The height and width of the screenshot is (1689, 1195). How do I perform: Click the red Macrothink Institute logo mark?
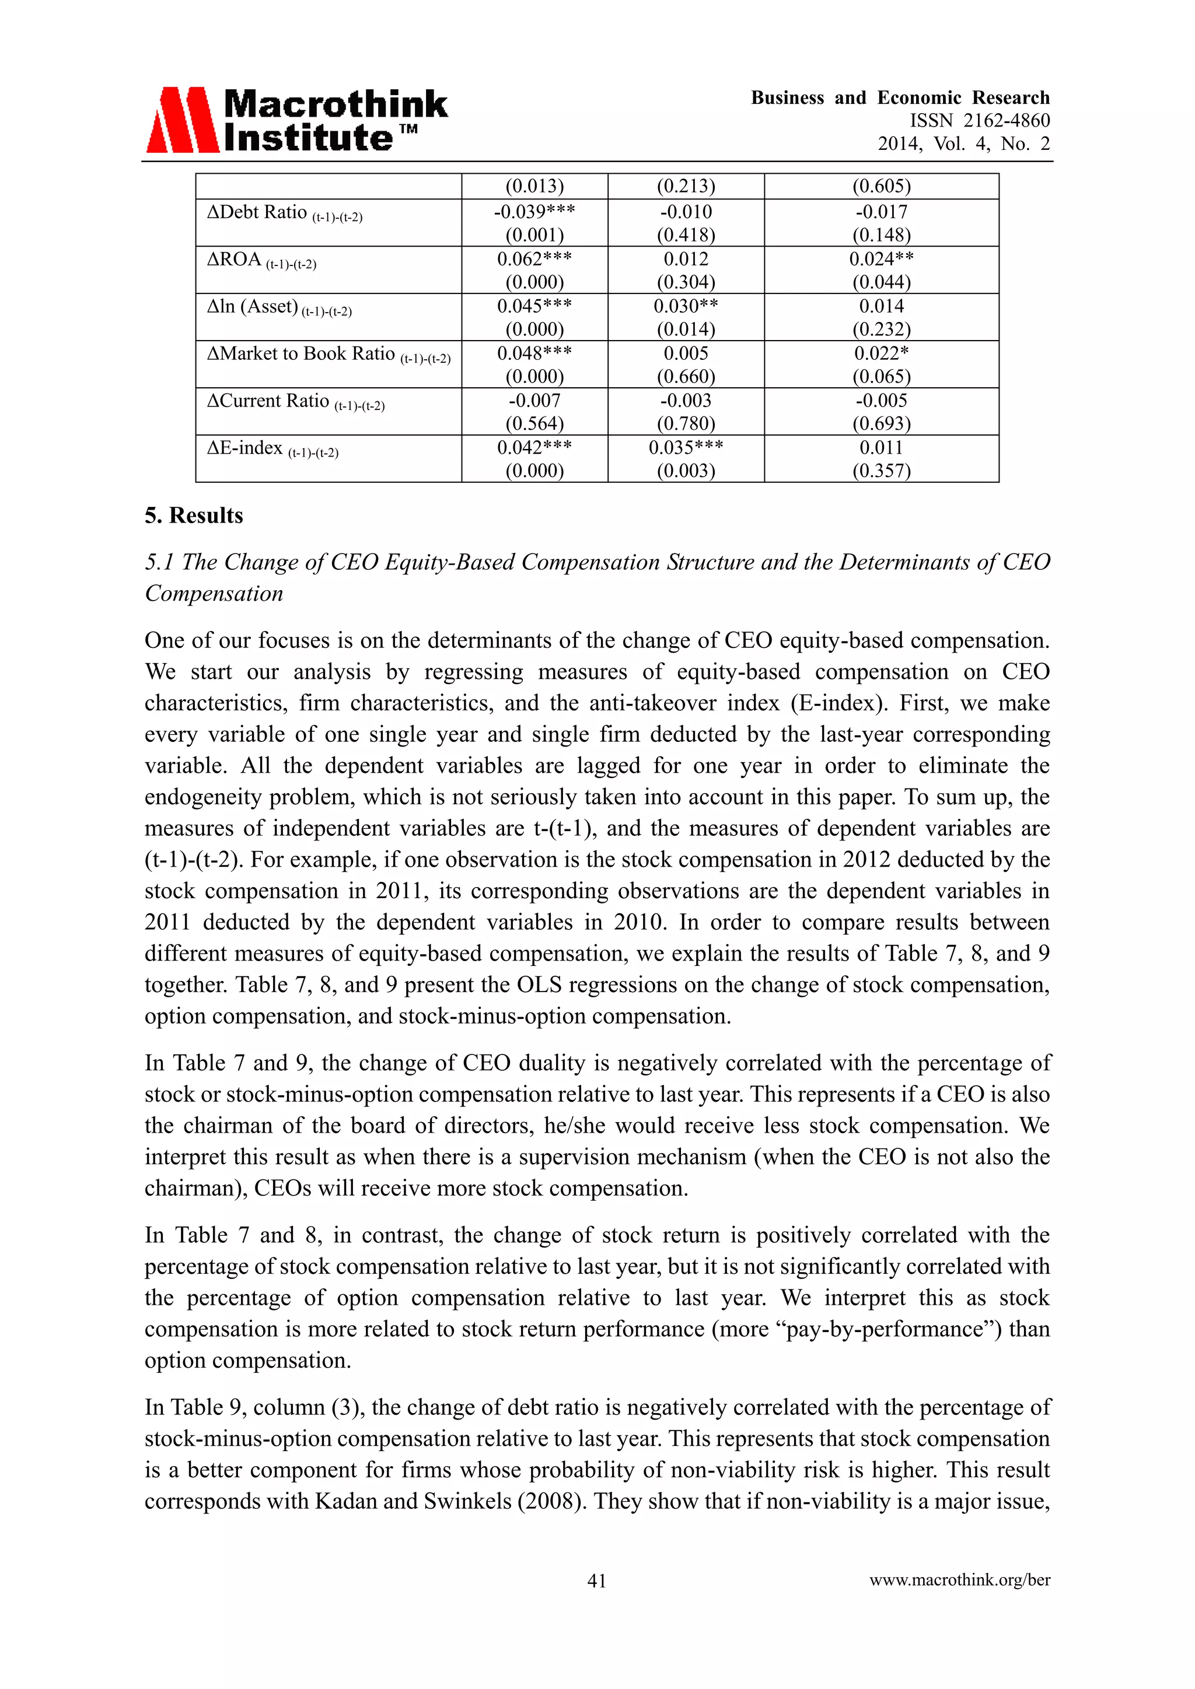coord(183,120)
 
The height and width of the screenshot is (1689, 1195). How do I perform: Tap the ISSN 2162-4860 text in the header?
coord(980,121)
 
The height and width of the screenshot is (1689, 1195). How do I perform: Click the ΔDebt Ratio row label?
coord(284,213)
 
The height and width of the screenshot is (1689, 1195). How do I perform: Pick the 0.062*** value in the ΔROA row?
coord(534,259)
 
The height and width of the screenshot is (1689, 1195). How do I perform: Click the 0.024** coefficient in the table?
coord(881,259)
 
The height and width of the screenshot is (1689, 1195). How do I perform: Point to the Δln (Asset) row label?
coord(279,307)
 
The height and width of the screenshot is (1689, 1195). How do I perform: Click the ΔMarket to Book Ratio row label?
coord(328,355)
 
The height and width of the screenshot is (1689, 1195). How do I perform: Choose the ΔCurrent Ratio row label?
coord(295,402)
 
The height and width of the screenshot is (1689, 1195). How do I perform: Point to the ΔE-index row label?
coord(272,448)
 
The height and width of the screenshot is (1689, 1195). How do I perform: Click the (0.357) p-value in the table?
coord(881,471)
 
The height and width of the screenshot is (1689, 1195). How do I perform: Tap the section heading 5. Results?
coord(194,516)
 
